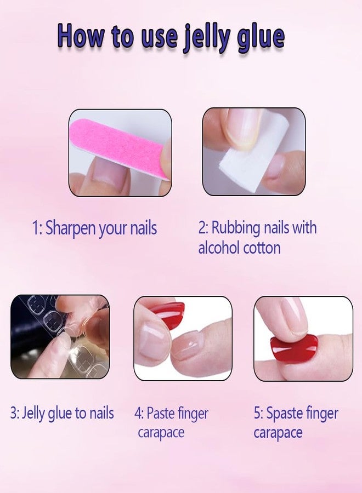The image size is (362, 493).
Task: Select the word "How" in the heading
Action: (x=80, y=36)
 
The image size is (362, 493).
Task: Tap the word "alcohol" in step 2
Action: (x=218, y=248)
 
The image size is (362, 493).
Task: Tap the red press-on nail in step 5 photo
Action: (x=294, y=348)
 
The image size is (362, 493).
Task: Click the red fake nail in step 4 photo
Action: (x=167, y=314)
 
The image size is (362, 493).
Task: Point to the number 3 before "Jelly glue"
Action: (x=13, y=413)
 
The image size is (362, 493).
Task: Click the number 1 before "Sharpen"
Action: (x=36, y=228)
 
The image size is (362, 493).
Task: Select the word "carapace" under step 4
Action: (x=161, y=433)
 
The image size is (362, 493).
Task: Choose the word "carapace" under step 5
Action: (x=278, y=433)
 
